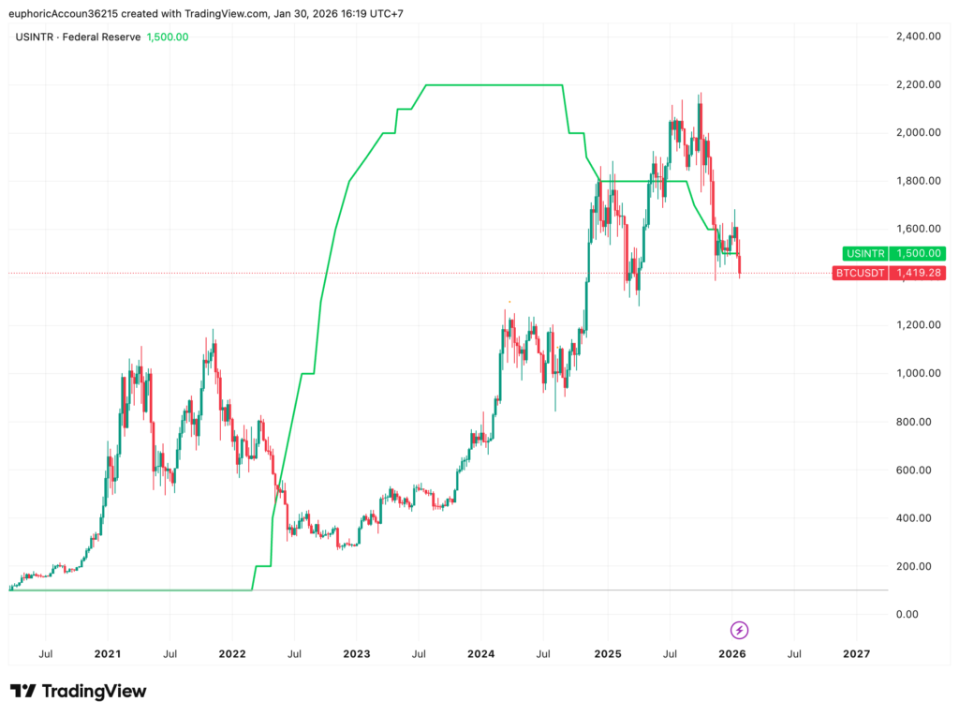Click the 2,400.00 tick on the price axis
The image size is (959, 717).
(x=918, y=37)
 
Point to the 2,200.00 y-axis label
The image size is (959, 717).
(x=918, y=84)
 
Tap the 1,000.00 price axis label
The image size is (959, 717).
(x=918, y=373)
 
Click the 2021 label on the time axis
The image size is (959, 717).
(x=108, y=653)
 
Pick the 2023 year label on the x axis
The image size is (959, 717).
(x=357, y=653)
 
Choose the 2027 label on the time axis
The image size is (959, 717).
(x=856, y=653)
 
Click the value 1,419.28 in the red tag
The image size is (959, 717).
(x=918, y=273)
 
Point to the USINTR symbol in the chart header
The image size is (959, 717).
(x=35, y=37)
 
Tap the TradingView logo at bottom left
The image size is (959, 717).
(x=79, y=692)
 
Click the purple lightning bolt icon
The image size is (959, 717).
(x=740, y=630)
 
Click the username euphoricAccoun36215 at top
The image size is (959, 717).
(x=68, y=13)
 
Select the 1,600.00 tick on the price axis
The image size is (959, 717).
(x=918, y=229)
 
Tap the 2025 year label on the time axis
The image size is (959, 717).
(x=607, y=653)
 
